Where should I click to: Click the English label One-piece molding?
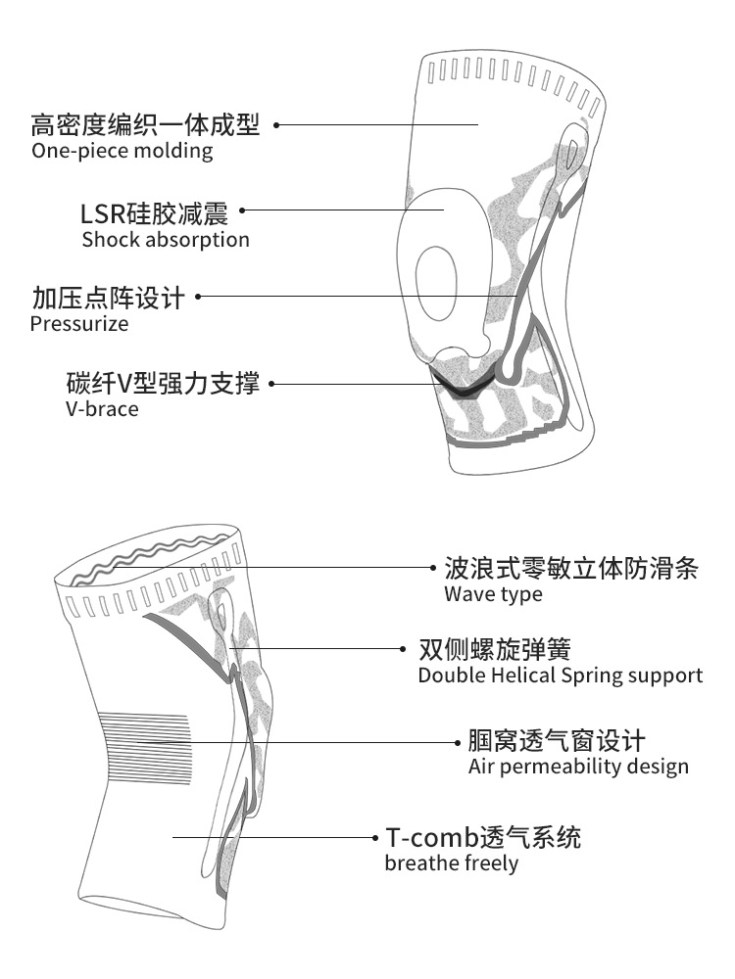pyautogui.click(x=122, y=151)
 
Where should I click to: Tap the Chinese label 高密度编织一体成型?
pyautogui.click(x=145, y=125)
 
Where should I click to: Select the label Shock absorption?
pyautogui.click(x=166, y=240)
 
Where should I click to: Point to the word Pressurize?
pyautogui.click(x=79, y=324)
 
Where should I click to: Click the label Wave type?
pyautogui.click(x=493, y=594)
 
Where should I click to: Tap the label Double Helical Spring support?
pyautogui.click(x=560, y=676)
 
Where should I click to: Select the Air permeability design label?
pyautogui.click(x=578, y=767)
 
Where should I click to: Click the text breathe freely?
pyautogui.click(x=451, y=863)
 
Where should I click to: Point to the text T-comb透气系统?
pyautogui.click(x=482, y=838)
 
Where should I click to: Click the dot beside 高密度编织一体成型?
pyautogui.click(x=276, y=125)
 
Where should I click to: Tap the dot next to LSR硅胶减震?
pyautogui.click(x=243, y=210)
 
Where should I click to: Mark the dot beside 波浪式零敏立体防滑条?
pyautogui.click(x=434, y=567)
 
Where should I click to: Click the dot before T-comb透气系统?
pyautogui.click(x=375, y=838)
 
